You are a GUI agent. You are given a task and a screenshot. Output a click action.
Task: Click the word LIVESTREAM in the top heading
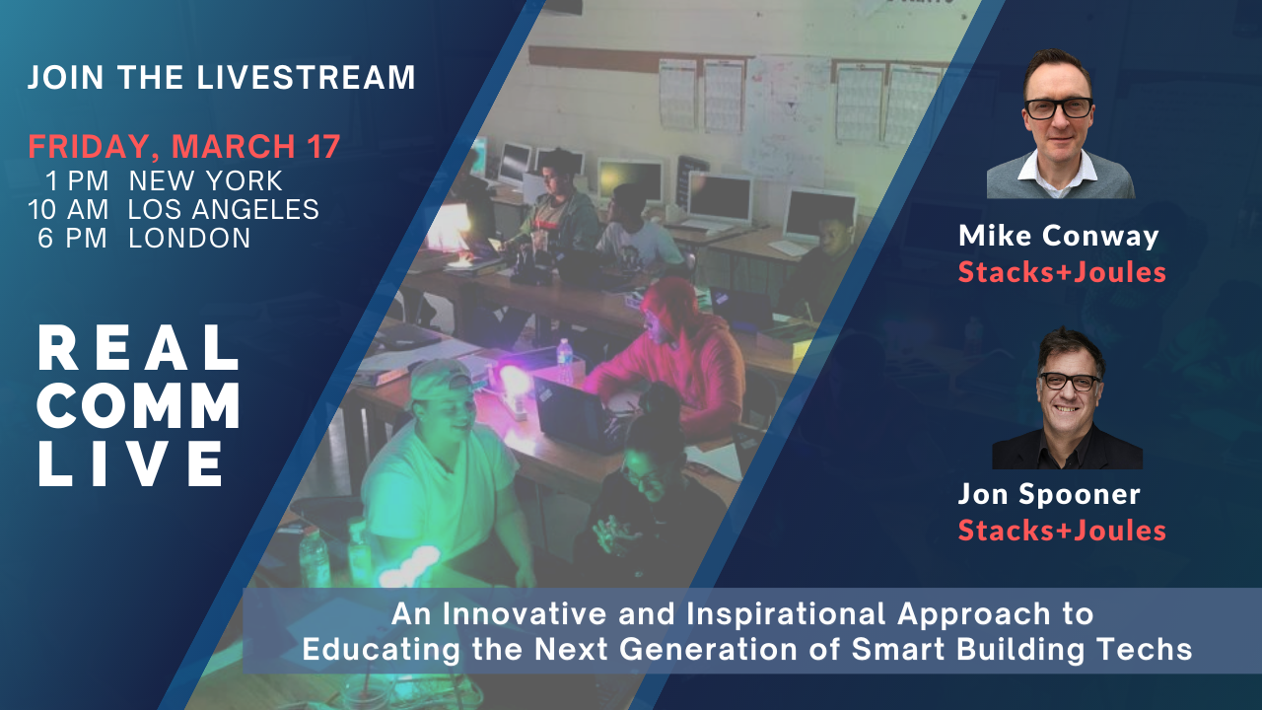coord(306,77)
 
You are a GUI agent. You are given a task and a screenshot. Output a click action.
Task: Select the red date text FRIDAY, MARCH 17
coord(184,147)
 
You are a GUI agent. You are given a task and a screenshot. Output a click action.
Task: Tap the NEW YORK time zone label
coord(206,180)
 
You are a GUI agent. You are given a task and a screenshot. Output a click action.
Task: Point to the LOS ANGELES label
coord(224,210)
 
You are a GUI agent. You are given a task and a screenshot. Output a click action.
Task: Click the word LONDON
coord(189,239)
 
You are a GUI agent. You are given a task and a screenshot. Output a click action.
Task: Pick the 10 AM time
coord(68,210)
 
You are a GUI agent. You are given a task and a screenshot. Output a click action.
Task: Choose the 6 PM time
coord(72,239)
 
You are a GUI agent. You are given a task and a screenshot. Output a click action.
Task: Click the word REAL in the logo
coord(139,348)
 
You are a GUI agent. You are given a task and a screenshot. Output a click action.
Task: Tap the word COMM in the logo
coord(139,405)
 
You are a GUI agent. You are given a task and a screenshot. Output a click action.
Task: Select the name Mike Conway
coord(1059,236)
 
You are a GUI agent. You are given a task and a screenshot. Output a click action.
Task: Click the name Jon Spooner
coord(1049,495)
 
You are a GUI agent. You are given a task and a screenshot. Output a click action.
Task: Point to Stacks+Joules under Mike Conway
coord(1062,272)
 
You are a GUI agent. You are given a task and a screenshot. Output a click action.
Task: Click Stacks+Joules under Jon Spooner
coord(1062,531)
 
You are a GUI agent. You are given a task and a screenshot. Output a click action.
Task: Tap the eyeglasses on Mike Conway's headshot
coord(1059,108)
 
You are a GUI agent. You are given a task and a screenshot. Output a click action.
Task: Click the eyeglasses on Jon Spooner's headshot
coord(1069,382)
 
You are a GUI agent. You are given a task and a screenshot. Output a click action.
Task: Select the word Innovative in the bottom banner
coord(525,613)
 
